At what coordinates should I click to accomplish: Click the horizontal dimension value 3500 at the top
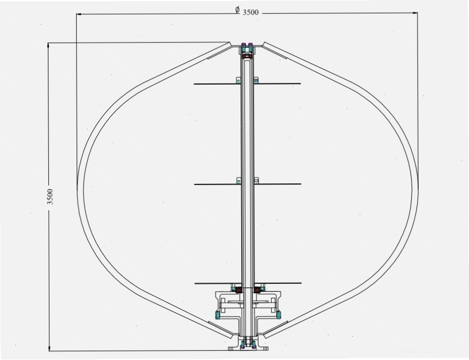pyautogui.click(x=251, y=12)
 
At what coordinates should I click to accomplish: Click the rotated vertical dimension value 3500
pyautogui.click(x=50, y=197)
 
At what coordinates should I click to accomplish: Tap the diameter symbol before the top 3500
pyautogui.click(x=237, y=10)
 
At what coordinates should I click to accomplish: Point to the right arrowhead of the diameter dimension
pyautogui.click(x=415, y=13)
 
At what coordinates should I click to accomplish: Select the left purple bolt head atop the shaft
pyautogui.click(x=244, y=45)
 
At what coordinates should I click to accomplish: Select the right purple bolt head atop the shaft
pyautogui.click(x=251, y=45)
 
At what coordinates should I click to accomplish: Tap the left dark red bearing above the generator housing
pyautogui.click(x=239, y=289)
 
